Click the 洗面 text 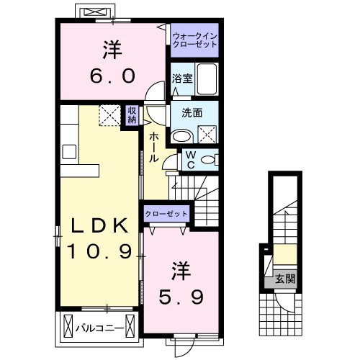click(x=191, y=113)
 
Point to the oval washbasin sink click(x=181, y=134)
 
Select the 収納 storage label click(x=132, y=114)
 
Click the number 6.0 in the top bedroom click(x=112, y=75)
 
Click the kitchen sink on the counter click(x=70, y=152)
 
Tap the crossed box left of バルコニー click(x=68, y=325)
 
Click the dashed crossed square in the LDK click(x=110, y=114)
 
